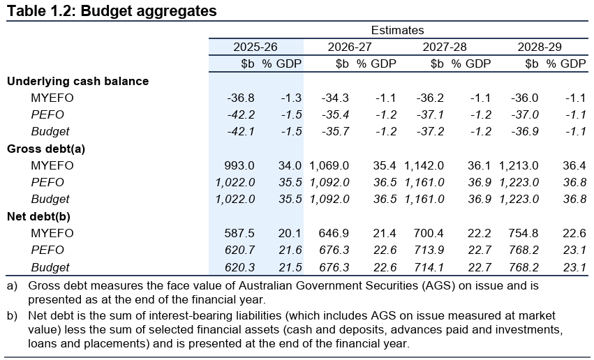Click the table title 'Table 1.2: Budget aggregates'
click(x=112, y=11)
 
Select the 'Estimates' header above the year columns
click(x=397, y=30)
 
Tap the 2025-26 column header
click(x=256, y=47)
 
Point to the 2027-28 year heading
click(x=445, y=47)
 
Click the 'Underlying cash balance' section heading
click(x=77, y=81)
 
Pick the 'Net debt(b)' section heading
click(x=38, y=216)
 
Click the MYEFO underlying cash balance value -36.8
click(x=241, y=98)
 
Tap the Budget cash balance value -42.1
click(x=241, y=131)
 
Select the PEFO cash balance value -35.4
click(x=335, y=114)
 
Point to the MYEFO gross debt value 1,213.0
click(x=519, y=165)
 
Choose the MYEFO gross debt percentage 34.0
click(x=290, y=165)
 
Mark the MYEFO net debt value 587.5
click(x=241, y=233)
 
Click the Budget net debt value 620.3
click(x=241, y=267)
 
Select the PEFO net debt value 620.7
click(x=241, y=250)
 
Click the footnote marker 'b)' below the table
click(x=12, y=317)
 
